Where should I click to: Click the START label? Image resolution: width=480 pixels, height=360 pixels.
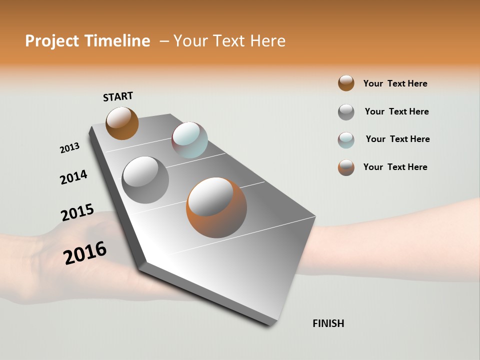tap(118, 96)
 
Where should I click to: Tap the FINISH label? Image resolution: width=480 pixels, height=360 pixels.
tap(328, 323)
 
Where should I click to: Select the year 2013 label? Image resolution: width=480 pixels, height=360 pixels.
tap(69, 148)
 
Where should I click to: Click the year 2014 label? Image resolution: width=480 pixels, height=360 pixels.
tap(73, 177)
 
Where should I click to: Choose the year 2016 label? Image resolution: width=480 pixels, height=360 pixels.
tap(85, 252)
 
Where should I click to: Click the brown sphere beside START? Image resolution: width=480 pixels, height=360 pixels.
tap(122, 123)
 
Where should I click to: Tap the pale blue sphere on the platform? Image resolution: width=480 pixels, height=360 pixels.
tap(189, 140)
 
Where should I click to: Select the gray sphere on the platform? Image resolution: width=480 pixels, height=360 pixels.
tap(145, 180)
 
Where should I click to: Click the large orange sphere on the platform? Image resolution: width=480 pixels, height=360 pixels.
tap(216, 207)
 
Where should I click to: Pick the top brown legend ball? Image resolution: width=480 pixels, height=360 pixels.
tap(346, 83)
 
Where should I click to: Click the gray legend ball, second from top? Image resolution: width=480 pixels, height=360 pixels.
tap(346, 112)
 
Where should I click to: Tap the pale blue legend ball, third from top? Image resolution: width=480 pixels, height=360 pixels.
tap(346, 139)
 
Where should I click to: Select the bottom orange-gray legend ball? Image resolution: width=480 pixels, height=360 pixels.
tap(346, 167)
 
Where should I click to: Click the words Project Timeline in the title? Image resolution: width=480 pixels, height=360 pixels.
tap(87, 41)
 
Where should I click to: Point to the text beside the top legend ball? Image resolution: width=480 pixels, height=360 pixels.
tap(395, 83)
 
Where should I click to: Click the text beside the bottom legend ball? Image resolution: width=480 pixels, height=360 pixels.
tap(395, 167)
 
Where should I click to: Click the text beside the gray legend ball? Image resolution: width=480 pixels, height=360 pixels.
tap(396, 111)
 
